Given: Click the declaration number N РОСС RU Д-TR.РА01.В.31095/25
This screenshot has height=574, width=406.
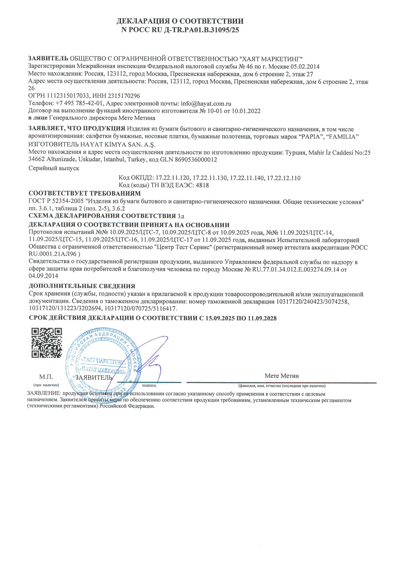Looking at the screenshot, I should (180, 30).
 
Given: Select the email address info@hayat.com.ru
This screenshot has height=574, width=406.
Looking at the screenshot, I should (206, 103).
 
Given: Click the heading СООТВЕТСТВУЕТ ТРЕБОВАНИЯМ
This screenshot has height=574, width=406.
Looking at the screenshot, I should (84, 194).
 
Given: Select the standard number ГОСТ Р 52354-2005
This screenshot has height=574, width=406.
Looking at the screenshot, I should (56, 202).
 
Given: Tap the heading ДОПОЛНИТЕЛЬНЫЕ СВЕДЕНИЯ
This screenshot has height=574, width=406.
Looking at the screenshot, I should (82, 286).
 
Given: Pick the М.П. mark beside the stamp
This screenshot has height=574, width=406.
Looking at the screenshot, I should (46, 377).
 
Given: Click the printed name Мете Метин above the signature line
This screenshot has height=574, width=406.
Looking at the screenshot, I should (282, 376).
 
